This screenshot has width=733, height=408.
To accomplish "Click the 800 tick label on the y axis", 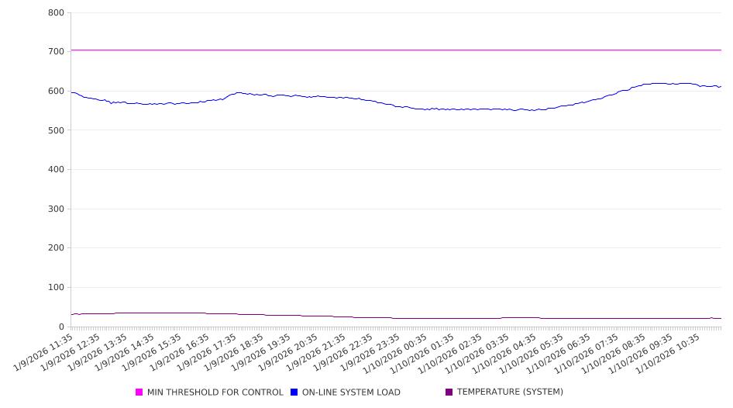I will click(56, 12).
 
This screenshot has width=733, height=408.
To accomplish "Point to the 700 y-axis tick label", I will click(56, 52).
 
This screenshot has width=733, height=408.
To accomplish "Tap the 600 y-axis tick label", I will click(56, 91).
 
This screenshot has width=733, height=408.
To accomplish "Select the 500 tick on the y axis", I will click(56, 130).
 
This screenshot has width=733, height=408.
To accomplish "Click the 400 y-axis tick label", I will click(56, 169).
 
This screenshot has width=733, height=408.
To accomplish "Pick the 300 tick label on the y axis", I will click(56, 209).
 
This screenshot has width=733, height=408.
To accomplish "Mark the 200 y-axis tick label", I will click(56, 248).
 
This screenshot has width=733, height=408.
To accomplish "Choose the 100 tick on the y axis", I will click(56, 287).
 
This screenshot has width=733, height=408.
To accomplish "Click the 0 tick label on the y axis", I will click(61, 327).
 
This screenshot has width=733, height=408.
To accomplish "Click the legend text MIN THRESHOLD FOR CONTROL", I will click(215, 392).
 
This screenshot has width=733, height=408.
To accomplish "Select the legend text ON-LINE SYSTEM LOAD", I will click(351, 392).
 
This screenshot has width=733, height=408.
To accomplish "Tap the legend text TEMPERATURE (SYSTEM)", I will click(510, 392).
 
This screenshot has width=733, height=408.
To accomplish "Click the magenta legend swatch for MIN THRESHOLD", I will click(139, 392).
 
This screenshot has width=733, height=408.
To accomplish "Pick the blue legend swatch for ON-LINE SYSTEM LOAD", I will click(294, 392).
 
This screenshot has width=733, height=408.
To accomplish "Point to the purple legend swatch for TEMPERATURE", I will click(449, 392).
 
